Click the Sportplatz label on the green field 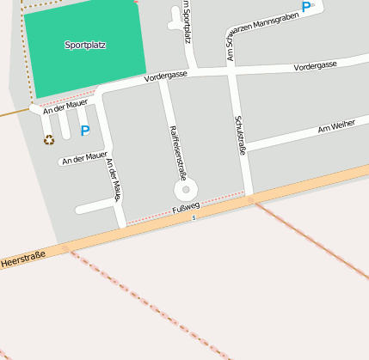(84, 45)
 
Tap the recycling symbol (49, 139)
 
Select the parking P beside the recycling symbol (84, 131)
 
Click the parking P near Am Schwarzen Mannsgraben (306, 6)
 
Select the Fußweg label (186, 206)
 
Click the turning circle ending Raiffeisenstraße (185, 189)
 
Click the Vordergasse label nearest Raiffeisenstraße (165, 77)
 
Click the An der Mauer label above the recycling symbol (65, 108)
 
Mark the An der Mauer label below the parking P (84, 156)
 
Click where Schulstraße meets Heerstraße (249, 199)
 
